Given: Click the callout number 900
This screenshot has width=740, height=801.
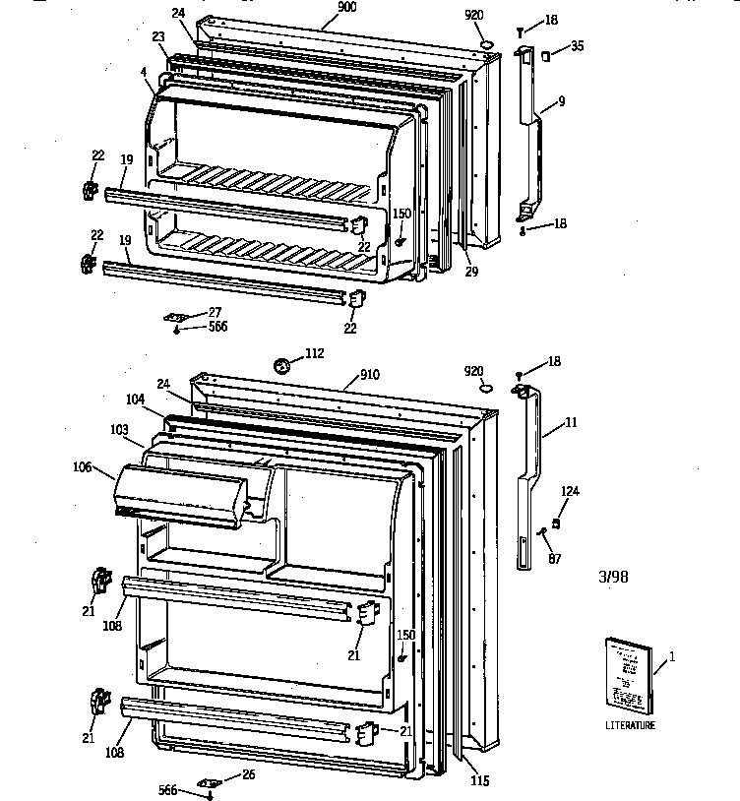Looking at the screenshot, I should (x=346, y=7).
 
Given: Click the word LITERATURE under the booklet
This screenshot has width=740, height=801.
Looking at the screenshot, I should (x=630, y=726).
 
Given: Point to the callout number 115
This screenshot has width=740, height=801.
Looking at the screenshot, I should (x=478, y=782).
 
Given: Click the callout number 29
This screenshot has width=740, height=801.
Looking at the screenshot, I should (x=471, y=272).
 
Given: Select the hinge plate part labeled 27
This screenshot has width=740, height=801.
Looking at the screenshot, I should (x=176, y=316).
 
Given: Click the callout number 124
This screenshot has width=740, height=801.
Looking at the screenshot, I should (x=571, y=492).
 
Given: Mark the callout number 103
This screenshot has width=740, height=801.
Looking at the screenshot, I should (x=118, y=430).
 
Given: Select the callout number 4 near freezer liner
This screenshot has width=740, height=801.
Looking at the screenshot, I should (x=144, y=72).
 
